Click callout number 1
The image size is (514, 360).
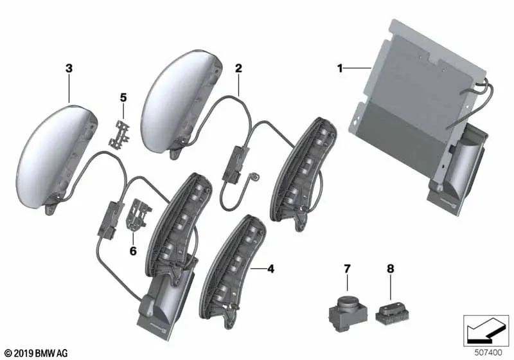point(341,67)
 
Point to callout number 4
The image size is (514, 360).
point(270,269)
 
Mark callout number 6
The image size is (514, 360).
point(133,251)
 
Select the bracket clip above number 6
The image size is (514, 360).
point(137,215)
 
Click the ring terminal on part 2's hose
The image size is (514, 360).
point(254,173)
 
